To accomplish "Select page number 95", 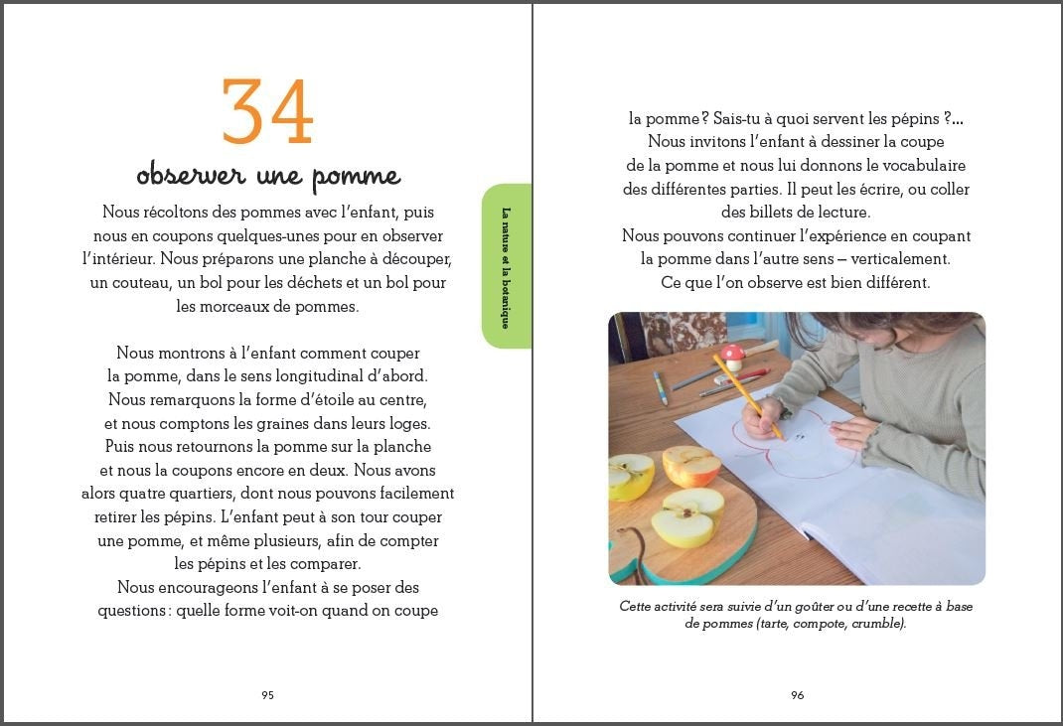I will point(267,695).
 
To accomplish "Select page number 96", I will point(797,695).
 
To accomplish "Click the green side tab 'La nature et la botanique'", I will point(506,266).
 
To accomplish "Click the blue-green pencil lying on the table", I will point(660,387).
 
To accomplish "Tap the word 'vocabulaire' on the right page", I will point(921,165).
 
